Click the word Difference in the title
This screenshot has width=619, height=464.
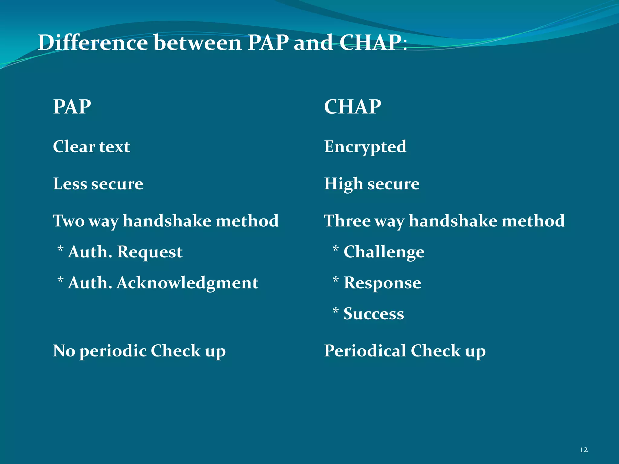93,43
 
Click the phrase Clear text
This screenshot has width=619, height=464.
91,147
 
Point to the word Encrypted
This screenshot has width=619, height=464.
365,147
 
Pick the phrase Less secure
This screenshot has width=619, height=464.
98,184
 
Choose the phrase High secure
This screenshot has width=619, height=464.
371,184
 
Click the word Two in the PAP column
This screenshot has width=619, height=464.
69,221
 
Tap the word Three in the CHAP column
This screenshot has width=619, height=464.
347,221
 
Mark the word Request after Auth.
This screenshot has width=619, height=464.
150,252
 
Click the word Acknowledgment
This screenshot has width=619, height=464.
187,283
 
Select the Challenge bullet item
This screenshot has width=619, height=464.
384,252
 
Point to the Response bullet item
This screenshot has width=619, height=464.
382,283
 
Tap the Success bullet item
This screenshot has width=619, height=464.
374,314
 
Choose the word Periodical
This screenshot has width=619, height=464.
365,351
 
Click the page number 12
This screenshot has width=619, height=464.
584,450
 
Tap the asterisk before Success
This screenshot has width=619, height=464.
335,311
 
